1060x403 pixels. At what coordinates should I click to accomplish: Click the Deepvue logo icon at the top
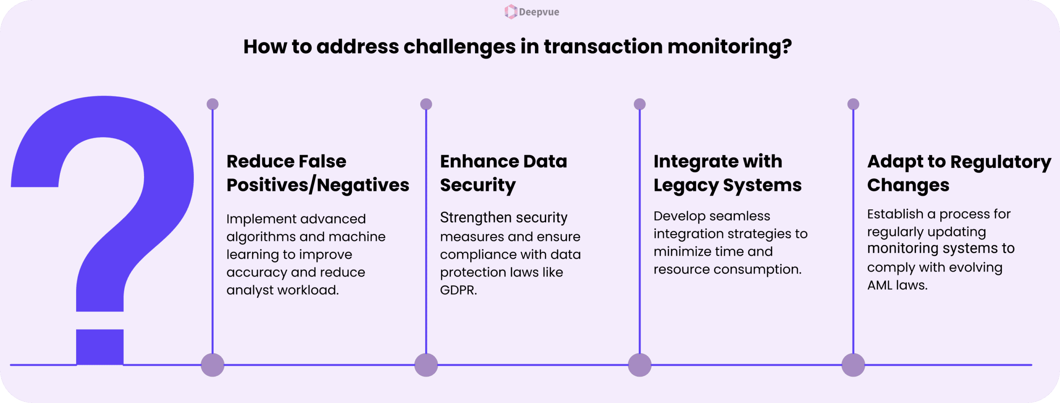pos(511,12)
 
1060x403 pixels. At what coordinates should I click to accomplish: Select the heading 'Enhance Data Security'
pos(503,173)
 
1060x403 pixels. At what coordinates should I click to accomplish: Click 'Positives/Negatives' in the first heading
pos(318,185)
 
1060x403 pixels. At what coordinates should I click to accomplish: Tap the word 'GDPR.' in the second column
pos(458,290)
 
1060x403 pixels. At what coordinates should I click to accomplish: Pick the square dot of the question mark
pos(100,347)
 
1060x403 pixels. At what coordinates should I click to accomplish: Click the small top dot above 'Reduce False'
pos(212,104)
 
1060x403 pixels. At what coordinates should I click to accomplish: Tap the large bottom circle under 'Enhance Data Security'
pos(426,365)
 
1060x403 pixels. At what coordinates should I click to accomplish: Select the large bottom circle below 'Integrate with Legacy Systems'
pos(640,365)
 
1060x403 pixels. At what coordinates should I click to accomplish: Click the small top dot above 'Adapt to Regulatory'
pos(853,104)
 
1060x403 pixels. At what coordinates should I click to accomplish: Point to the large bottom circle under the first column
pos(212,365)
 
